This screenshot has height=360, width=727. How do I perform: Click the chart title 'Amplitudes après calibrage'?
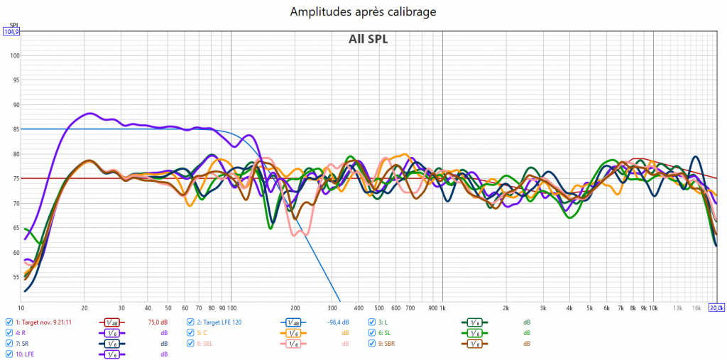coord(363,11)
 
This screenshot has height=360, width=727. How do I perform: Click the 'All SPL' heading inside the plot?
coord(368,39)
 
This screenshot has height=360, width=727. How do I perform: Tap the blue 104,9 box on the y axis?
coord(11,31)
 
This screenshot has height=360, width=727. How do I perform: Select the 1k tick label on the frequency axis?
coord(442,308)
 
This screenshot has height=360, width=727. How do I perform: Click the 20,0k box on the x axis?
coord(717,308)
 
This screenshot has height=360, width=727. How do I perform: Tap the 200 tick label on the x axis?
coord(295,308)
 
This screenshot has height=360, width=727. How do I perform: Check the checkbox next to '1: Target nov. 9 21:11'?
coord(9,322)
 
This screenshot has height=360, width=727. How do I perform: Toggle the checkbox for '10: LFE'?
coord(9,354)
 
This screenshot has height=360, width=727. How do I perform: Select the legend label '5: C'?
coord(202,332)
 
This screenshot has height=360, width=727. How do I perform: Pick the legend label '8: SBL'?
coord(206,343)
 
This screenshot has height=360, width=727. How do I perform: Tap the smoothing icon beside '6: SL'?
coord(473,332)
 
